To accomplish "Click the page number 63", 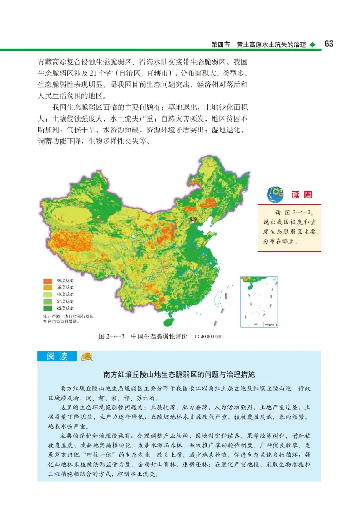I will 329,44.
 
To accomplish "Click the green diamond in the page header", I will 312,45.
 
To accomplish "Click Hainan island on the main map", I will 169,321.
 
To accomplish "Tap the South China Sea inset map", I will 259,302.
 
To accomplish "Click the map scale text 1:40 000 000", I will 208,337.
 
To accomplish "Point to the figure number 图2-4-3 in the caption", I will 112,337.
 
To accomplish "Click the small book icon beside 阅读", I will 85,356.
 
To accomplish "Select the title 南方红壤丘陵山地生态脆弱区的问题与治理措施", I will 179,375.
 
